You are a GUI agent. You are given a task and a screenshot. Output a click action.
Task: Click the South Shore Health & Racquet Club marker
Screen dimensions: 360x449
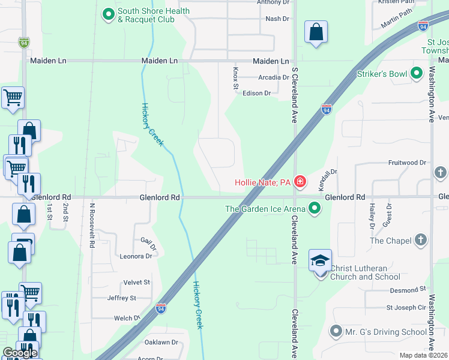pyautogui.click(x=108, y=14)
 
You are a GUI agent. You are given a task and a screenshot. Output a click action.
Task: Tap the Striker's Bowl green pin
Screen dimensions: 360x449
pyautogui.click(x=417, y=74)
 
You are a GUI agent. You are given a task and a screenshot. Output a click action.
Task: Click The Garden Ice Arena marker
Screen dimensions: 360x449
pyautogui.click(x=315, y=209)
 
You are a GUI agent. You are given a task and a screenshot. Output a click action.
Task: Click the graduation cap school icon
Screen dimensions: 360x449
pyautogui.click(x=320, y=262)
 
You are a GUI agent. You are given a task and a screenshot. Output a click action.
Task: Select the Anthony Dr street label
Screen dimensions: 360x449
pyautogui.click(x=273, y=2)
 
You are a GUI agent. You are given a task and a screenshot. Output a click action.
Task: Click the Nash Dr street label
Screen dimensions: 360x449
pyautogui.click(x=277, y=19)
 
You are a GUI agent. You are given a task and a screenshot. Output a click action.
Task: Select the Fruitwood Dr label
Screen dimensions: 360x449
pyautogui.click(x=406, y=163)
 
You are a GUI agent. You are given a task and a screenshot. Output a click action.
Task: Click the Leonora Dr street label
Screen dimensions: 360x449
pyautogui.click(x=136, y=256)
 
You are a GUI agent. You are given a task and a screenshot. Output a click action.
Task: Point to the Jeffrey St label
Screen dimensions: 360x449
pyautogui.click(x=121, y=298)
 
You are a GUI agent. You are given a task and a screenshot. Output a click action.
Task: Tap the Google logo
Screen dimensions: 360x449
pyautogui.click(x=20, y=353)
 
